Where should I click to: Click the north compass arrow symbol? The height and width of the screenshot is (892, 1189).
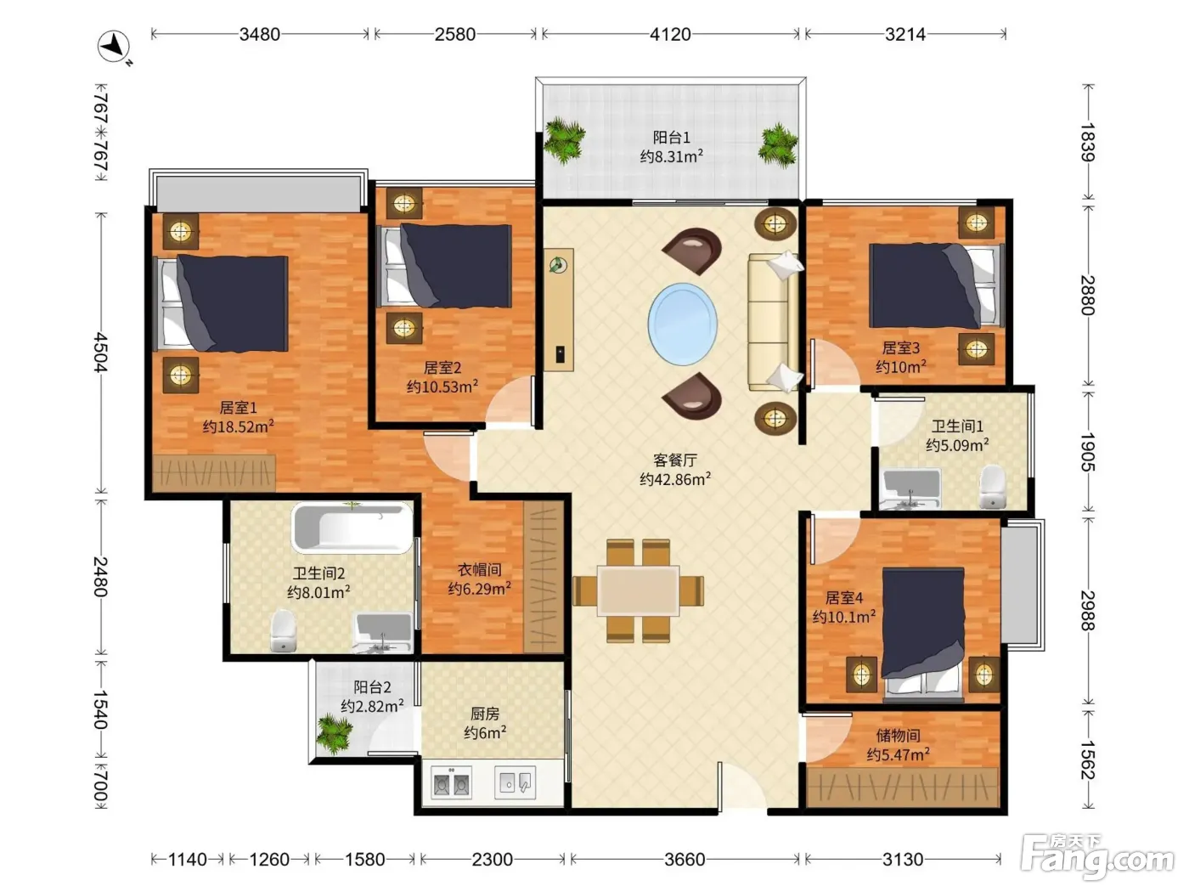(x=115, y=47)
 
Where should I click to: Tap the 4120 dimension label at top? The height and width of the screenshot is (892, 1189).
(x=670, y=35)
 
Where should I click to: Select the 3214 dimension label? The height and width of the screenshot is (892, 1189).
(x=905, y=35)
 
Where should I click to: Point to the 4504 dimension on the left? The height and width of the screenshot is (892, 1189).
(x=101, y=353)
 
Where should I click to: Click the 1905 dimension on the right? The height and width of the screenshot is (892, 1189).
(x=1088, y=452)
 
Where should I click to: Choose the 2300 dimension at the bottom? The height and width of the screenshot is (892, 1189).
(x=492, y=859)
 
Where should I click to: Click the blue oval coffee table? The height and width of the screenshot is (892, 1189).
(x=683, y=324)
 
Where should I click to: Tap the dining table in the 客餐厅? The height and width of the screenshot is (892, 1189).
(x=638, y=590)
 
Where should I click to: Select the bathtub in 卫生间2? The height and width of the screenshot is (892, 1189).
(x=352, y=528)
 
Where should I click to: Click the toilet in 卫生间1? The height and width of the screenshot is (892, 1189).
(x=993, y=486)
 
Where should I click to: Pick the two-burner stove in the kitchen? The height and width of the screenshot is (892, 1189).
(x=451, y=782)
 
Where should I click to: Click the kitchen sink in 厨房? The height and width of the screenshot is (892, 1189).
(x=516, y=782)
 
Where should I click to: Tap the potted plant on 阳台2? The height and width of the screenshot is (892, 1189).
(x=335, y=733)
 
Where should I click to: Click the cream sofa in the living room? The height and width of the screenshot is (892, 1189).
(x=774, y=322)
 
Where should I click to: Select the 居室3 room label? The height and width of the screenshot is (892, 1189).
(x=901, y=347)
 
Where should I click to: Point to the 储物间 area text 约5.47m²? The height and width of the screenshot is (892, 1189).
(x=898, y=754)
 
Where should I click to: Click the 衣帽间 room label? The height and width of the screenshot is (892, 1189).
(x=479, y=569)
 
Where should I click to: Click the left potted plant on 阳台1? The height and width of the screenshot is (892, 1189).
(x=565, y=140)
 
